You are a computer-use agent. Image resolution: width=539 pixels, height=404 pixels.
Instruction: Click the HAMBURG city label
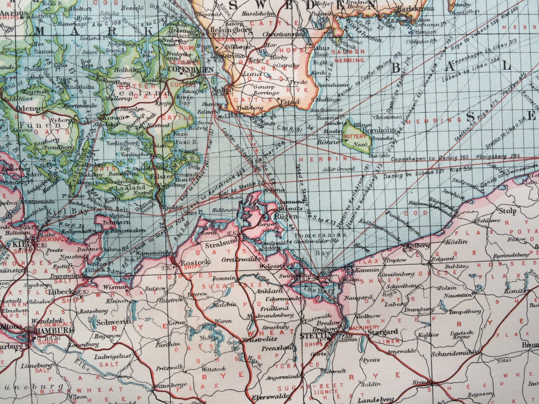pyautogui.click(x=54, y=330)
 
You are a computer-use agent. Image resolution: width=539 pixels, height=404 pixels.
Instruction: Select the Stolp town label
pyautogui.click(x=507, y=211)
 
